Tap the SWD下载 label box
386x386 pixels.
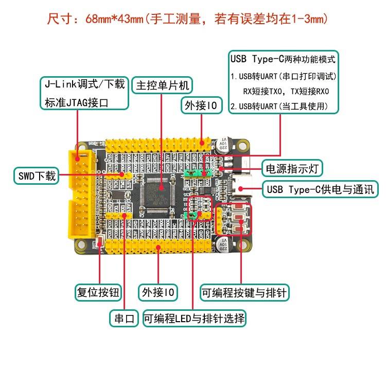tap(35, 176)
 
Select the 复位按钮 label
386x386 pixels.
tap(98, 293)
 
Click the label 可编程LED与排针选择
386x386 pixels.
tap(195, 318)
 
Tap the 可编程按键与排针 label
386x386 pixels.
tap(244, 293)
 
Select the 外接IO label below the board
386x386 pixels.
tap(158, 293)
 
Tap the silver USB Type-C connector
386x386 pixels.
tap(241, 188)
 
